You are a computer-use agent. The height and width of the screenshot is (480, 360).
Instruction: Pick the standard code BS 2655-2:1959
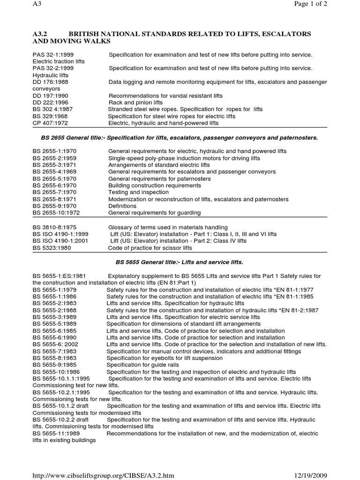54,158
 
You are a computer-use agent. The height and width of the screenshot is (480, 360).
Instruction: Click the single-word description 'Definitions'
122,206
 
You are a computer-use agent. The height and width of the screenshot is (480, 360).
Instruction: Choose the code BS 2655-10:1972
56,213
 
